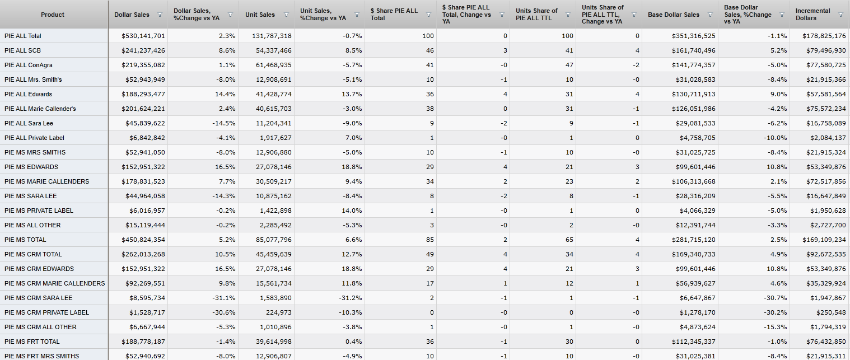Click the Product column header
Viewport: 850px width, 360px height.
click(53, 15)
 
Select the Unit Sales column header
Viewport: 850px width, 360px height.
click(260, 15)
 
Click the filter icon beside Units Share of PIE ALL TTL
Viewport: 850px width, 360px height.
click(568, 15)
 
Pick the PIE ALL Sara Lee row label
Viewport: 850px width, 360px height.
click(29, 123)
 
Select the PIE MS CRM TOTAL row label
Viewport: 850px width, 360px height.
click(33, 254)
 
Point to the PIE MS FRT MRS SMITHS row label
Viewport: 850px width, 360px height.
click(41, 356)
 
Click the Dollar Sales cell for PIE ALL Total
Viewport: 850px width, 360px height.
click(143, 36)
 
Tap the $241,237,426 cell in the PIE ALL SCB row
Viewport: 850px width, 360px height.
click(143, 50)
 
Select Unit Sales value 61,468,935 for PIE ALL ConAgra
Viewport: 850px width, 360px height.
click(268, 65)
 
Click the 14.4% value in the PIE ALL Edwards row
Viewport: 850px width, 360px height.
click(225, 94)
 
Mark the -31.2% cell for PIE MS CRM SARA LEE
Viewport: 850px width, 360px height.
click(351, 298)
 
